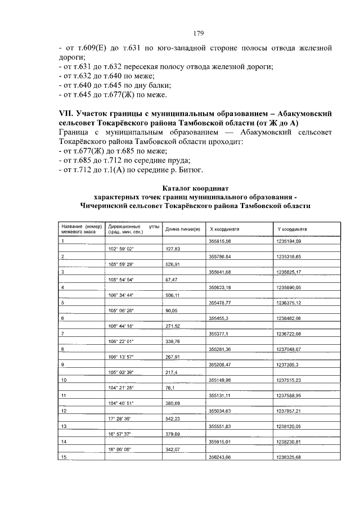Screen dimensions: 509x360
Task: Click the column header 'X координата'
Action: pos(224,229)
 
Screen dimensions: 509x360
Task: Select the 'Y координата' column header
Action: pos(291,229)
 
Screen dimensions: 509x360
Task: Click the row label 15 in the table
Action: pos(64,457)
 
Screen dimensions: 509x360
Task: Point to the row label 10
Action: pos(64,380)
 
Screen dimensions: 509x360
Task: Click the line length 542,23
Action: pos(172,418)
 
